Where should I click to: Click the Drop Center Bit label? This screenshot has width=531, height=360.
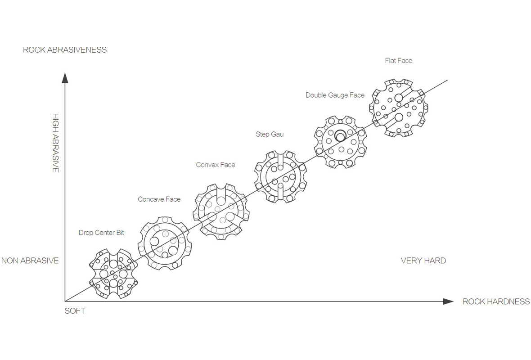coord(101,233)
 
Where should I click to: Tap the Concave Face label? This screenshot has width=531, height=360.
coord(159,199)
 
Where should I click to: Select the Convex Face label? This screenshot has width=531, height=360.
coord(216,165)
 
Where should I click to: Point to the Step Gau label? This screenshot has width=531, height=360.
coord(270,134)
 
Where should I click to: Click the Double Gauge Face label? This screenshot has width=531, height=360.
coord(335,95)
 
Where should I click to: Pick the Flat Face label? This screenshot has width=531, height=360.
coord(398,60)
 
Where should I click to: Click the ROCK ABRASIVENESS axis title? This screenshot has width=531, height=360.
coord(65,50)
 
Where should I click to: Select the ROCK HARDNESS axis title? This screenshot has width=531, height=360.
coord(496,301)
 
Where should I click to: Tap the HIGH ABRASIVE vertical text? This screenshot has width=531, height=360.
coord(56,143)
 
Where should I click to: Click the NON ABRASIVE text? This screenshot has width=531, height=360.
coord(30,261)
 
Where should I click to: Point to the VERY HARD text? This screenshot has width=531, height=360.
coord(423,261)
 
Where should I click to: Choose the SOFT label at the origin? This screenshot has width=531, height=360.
coord(75,311)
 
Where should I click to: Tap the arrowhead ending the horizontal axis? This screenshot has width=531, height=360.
coord(448,301)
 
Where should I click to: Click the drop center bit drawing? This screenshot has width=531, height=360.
coord(113,273)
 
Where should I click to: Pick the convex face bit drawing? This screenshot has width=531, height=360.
coord(220,211)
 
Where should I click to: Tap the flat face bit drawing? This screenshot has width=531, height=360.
coord(398,108)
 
